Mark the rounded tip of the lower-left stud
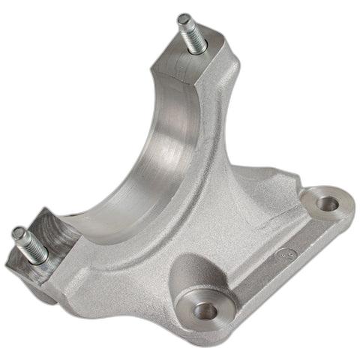pos(16,234)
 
